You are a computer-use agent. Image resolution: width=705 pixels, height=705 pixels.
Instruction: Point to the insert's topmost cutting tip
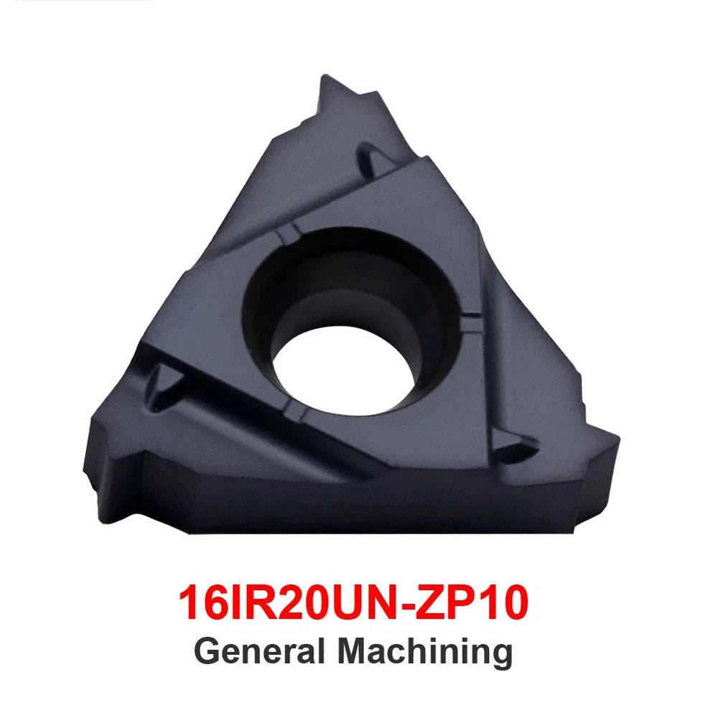tap(325, 76)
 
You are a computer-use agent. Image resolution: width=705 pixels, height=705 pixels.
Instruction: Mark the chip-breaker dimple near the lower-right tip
tap(515, 447)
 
